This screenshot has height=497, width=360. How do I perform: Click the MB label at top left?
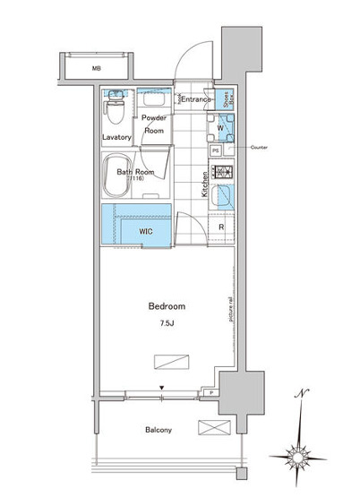[95, 67]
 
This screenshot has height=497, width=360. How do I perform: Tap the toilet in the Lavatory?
[114, 112]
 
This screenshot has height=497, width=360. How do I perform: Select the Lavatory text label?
[117, 137]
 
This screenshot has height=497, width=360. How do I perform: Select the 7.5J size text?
[167, 322]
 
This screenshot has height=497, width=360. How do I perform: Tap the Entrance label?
[196, 99]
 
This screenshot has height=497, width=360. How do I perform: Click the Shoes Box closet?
[227, 99]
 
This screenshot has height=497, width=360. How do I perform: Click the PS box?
[216, 150]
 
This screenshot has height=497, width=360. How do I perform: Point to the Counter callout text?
[260, 146]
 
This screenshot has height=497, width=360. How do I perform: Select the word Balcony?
[159, 430]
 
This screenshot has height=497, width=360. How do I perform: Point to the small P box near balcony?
[209, 392]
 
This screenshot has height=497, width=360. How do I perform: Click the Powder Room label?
[155, 124]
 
